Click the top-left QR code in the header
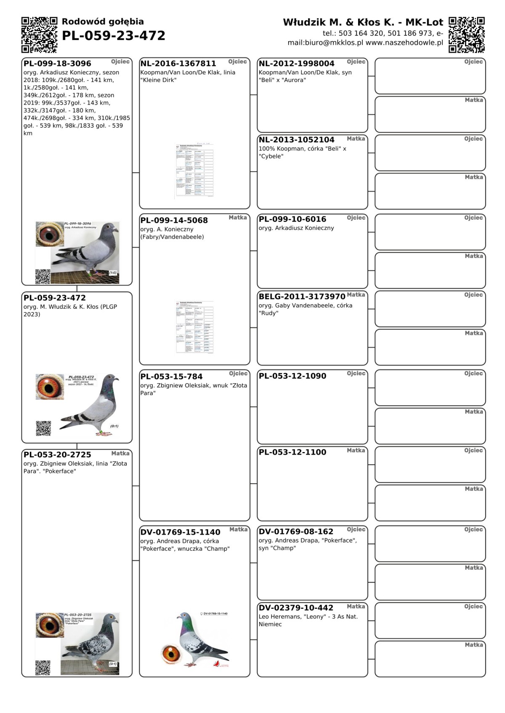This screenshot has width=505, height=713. click(39, 35)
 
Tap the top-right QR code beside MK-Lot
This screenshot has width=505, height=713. click(466, 35)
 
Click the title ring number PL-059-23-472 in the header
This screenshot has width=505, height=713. click(114, 36)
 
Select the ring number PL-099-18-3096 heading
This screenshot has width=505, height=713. click(57, 64)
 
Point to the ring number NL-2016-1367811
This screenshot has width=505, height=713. click(178, 64)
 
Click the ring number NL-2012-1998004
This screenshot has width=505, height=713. click(296, 64)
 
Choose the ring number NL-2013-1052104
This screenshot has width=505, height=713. click(296, 140)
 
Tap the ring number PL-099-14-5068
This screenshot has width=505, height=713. click(174, 221)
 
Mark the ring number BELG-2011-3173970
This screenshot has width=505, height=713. click(302, 297)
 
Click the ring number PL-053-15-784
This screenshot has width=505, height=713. click(171, 377)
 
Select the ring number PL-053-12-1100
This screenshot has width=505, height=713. click(292, 453)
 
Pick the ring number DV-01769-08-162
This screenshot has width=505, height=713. click(296, 532)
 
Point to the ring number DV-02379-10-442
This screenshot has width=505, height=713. click(296, 608)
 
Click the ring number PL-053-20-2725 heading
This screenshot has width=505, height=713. click(57, 455)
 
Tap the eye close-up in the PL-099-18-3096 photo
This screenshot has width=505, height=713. click(50, 234)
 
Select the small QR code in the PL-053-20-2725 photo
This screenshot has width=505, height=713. click(43, 668)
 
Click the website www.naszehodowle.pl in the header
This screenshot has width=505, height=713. click(404, 43)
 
